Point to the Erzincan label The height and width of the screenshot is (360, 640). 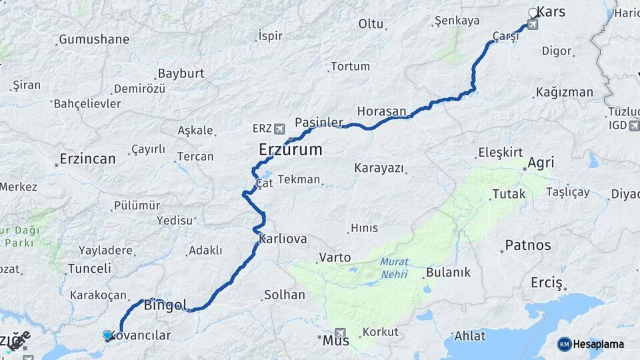point(87,159)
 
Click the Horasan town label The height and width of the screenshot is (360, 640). point(381,111)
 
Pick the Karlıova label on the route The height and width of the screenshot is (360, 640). point(283,239)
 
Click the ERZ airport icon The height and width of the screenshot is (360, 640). point(278,127)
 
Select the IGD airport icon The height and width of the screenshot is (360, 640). point(631,125)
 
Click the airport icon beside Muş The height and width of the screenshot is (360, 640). point(341,333)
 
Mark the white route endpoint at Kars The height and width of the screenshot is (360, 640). point(533,13)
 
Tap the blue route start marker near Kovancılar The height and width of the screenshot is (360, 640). point(107,335)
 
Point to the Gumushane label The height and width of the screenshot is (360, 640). point(94,39)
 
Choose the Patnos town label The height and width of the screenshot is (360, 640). point(528,245)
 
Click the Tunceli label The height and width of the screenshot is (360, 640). point(89,269)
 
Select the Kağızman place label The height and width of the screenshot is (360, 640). point(567,92)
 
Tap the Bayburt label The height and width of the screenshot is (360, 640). point(181,73)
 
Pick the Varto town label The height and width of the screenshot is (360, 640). point(335,257)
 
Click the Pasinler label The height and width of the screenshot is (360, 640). point(319,123)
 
